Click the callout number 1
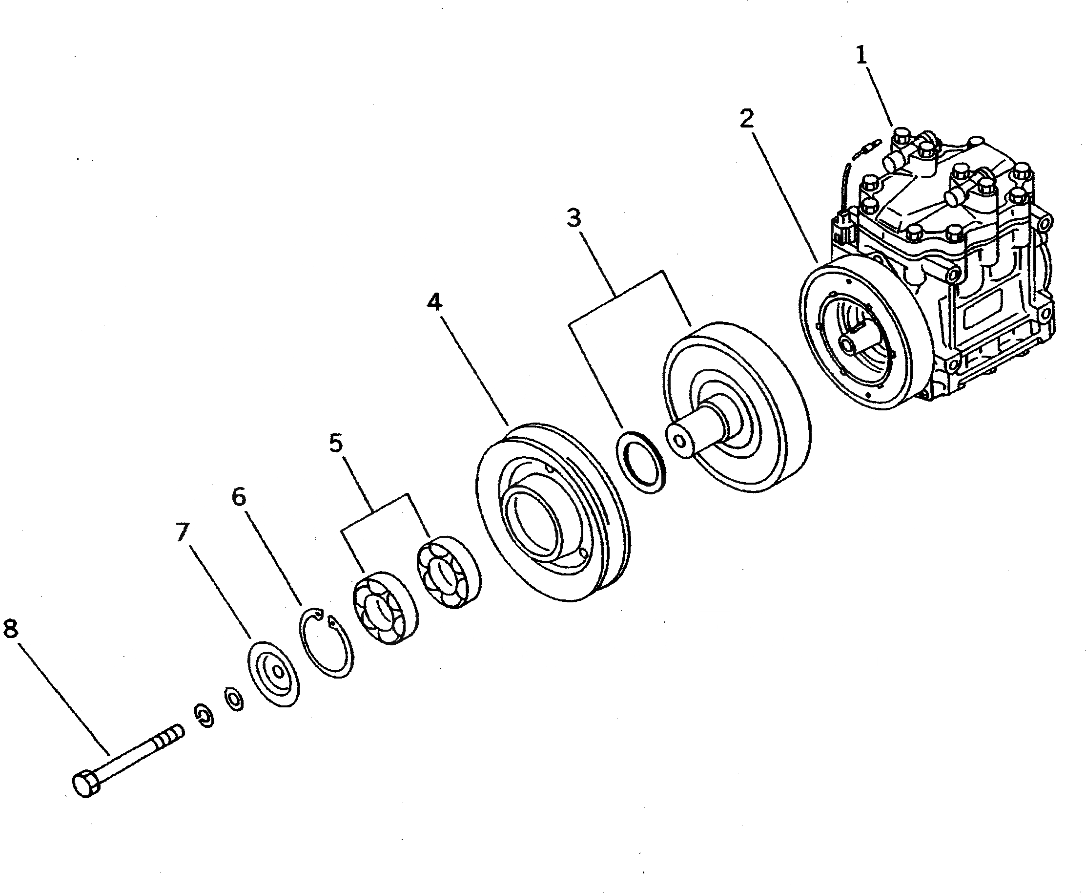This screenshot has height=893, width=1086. point(861,56)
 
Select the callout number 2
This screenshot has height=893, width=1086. point(747,118)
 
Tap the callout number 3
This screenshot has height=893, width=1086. point(574,218)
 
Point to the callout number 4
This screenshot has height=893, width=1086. point(434,302)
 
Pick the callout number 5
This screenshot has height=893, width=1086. point(336,443)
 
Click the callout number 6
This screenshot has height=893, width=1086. point(239,497)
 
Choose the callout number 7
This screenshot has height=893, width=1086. point(183,532)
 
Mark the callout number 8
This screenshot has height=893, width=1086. point(11,629)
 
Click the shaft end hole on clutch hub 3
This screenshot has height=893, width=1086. point(679,443)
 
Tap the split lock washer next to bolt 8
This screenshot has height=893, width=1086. point(204,716)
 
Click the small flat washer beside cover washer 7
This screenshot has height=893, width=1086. point(234,700)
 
